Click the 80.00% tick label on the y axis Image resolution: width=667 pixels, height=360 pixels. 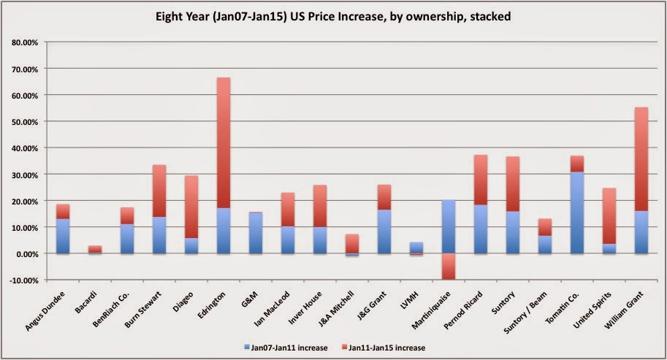pos(26,42)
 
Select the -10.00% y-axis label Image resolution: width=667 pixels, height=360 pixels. pos(26,280)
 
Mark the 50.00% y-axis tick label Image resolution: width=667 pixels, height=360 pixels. pos(26,122)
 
